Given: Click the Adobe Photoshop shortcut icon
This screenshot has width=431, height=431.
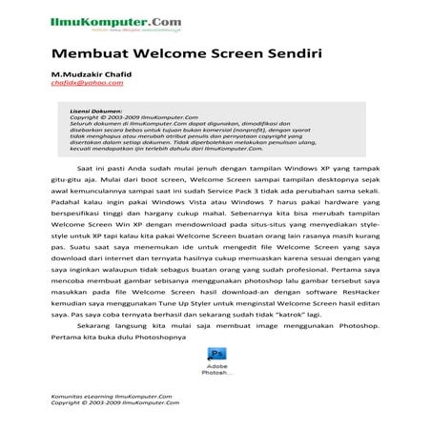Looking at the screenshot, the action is [215, 353].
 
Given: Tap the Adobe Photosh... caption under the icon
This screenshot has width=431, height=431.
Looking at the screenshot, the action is [215, 370].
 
